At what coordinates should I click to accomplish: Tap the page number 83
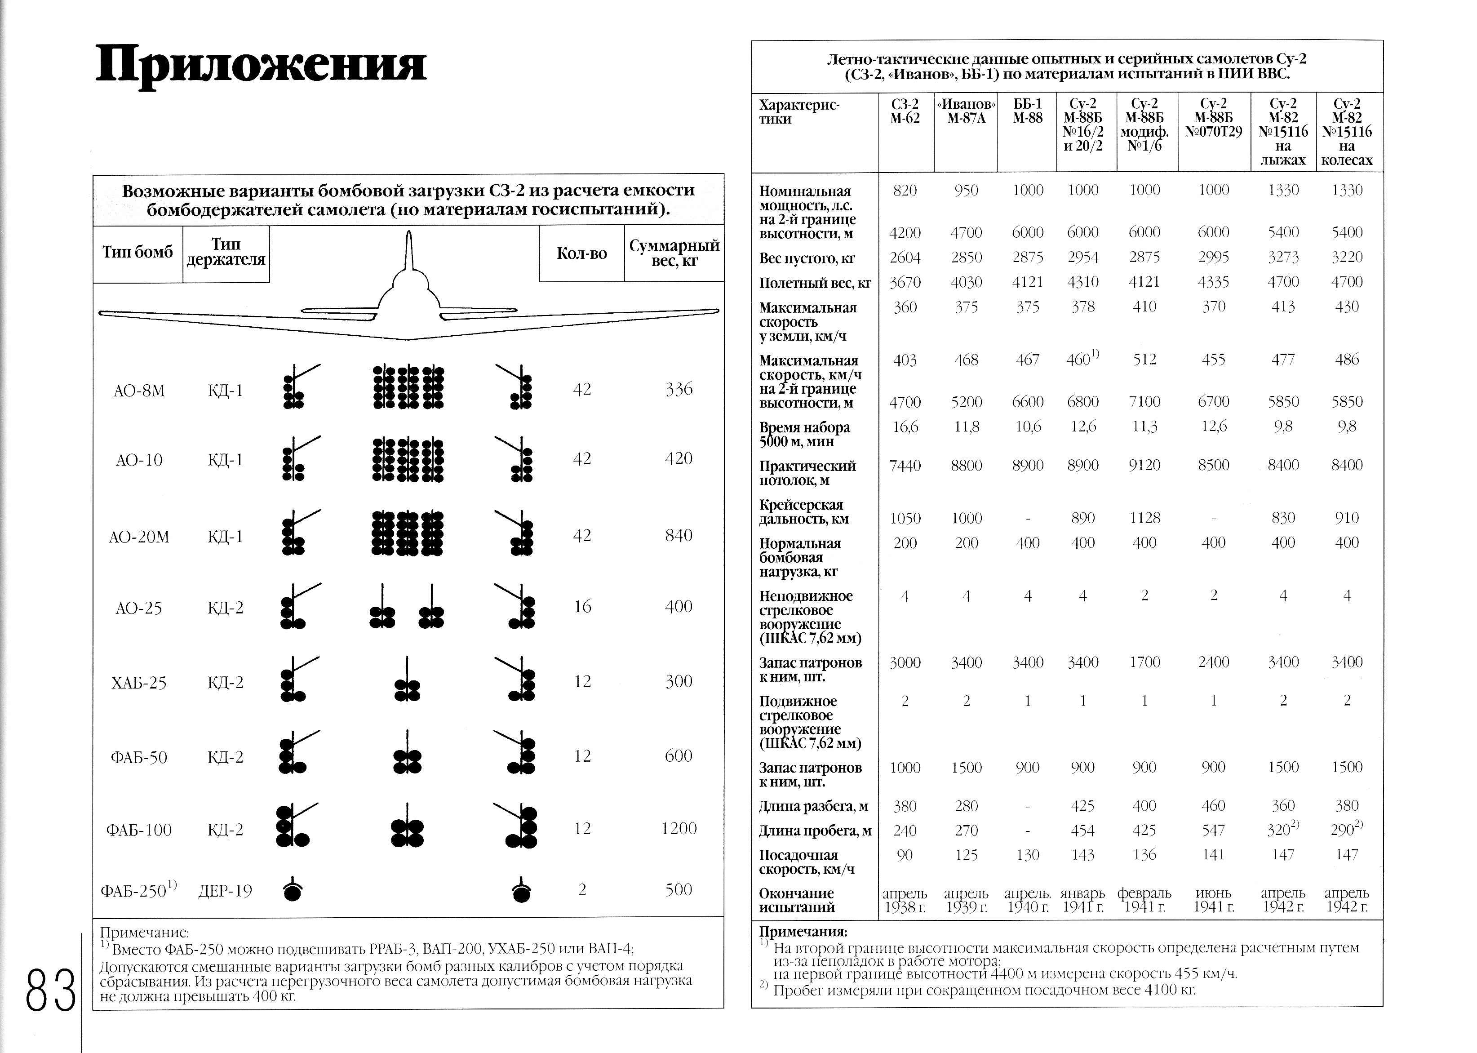click(50, 990)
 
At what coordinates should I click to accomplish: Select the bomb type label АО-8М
click(139, 391)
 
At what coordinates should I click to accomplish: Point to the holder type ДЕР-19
click(225, 891)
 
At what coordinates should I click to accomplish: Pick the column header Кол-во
click(581, 253)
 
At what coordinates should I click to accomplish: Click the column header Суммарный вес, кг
click(674, 253)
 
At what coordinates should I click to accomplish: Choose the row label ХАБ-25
click(139, 683)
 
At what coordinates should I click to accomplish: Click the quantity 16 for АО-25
click(582, 607)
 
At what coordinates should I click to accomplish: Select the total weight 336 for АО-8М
click(679, 390)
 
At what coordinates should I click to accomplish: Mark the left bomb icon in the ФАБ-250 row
click(293, 891)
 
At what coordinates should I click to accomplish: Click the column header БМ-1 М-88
click(1027, 111)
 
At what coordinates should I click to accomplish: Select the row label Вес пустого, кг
click(807, 258)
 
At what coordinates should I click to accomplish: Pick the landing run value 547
click(1213, 831)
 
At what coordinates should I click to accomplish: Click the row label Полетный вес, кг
click(815, 283)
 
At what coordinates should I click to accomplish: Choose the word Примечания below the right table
click(803, 932)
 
